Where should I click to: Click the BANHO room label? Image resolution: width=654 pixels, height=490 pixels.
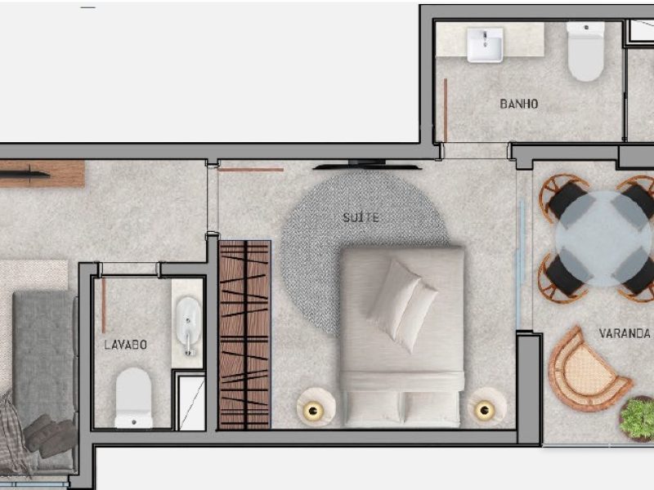tap(519, 104)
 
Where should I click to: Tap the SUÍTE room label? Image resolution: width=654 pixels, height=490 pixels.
tap(361, 217)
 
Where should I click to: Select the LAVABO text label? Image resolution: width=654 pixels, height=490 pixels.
tap(126, 345)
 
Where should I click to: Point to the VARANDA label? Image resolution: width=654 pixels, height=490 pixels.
tap(625, 333)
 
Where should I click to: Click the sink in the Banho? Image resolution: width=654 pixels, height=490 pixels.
tap(485, 45)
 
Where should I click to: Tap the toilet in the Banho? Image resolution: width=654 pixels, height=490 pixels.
tap(585, 51)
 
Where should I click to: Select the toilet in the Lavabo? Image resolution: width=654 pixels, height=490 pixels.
tap(133, 398)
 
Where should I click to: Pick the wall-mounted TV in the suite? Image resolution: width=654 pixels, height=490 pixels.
tap(367, 165)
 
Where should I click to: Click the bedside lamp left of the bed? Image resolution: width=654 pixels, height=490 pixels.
tap(316, 407)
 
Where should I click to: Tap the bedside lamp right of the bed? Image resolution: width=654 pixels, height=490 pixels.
tap(486, 407)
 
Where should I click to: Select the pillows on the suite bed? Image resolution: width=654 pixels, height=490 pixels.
tap(402, 305)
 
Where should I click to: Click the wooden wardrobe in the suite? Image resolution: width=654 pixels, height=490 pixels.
tap(244, 335)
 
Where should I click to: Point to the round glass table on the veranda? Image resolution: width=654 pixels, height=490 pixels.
tap(604, 238)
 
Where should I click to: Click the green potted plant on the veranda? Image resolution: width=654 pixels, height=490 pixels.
tap(637, 419)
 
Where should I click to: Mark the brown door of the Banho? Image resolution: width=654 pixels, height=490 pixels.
tap(446, 110)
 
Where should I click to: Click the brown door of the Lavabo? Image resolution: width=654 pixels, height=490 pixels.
tap(104, 305)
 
